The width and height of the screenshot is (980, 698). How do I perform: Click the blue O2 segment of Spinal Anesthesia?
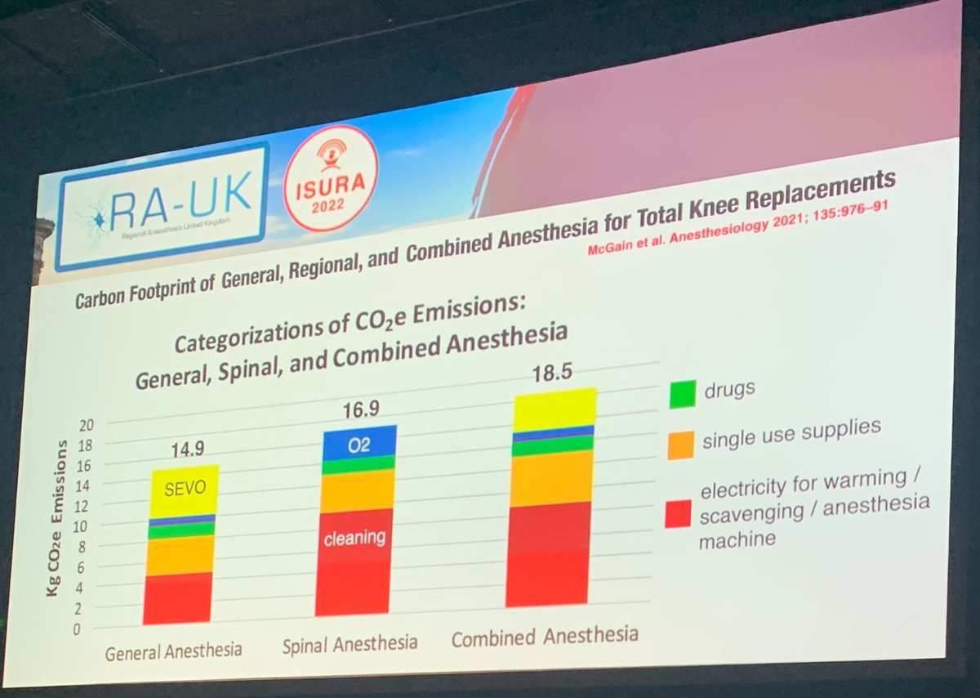(359, 443)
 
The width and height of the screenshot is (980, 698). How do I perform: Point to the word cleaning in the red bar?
(354, 539)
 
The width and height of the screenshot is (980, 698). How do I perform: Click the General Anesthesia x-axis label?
(173, 651)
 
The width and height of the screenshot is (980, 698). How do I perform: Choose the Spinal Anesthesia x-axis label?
(350, 644)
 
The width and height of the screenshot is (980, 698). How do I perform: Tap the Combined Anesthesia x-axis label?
(545, 637)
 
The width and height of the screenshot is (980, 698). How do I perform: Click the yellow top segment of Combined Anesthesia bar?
(555, 408)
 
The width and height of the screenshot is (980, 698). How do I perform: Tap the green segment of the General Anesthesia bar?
(180, 530)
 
